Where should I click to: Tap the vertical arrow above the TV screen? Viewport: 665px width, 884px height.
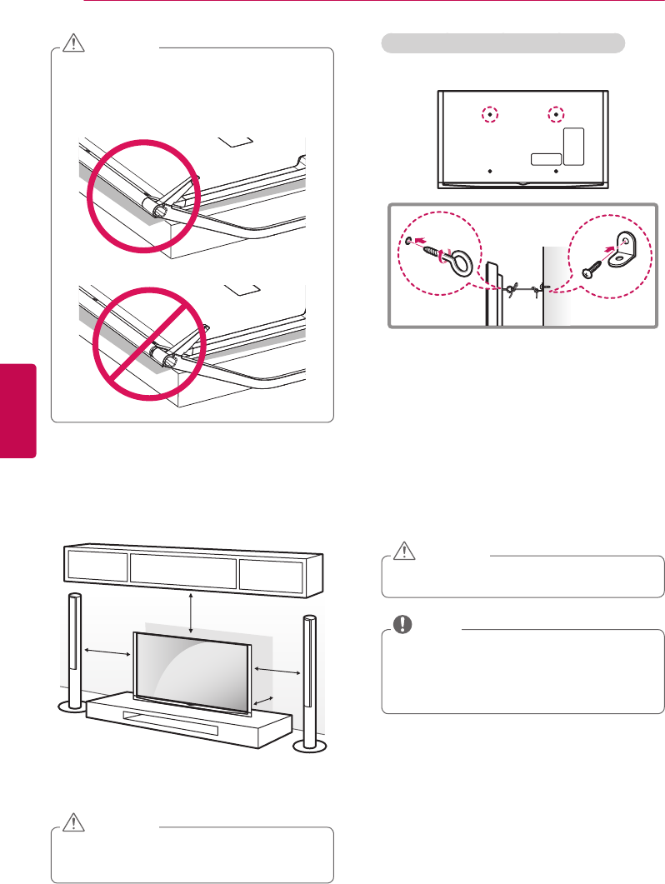(x=192, y=613)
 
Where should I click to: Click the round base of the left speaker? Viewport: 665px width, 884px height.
(x=72, y=707)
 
